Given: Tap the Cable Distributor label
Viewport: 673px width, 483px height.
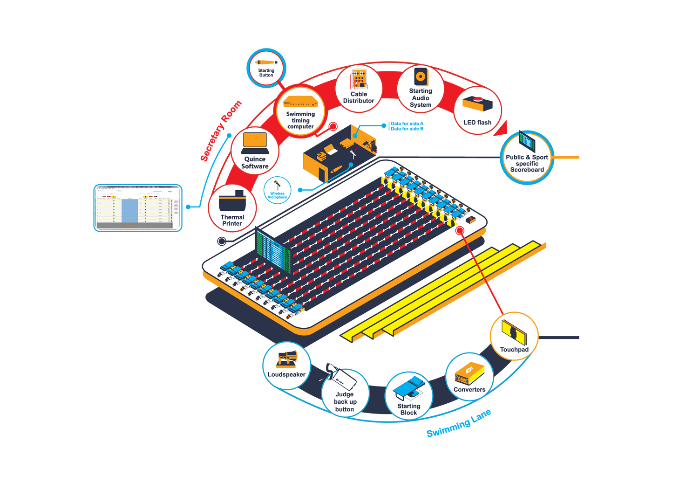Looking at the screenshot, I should pos(359,97).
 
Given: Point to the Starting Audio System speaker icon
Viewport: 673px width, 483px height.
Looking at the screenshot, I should pos(421,76).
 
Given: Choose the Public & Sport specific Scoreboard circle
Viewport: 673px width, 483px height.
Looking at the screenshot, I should pos(527,157).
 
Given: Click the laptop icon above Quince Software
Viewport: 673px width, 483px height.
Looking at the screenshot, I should pos(255,143).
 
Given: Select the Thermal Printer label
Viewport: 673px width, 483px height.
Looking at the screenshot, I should pos(232,220).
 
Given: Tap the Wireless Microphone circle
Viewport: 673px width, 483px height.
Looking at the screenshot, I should pos(278,190).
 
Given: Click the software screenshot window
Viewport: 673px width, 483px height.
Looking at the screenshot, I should pos(137,207).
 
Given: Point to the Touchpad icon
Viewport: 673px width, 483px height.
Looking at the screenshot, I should pos(514,332).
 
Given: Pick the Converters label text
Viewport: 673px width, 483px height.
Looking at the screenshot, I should pos(469,390).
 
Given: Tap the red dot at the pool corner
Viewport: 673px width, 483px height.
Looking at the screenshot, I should pos(460,231).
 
